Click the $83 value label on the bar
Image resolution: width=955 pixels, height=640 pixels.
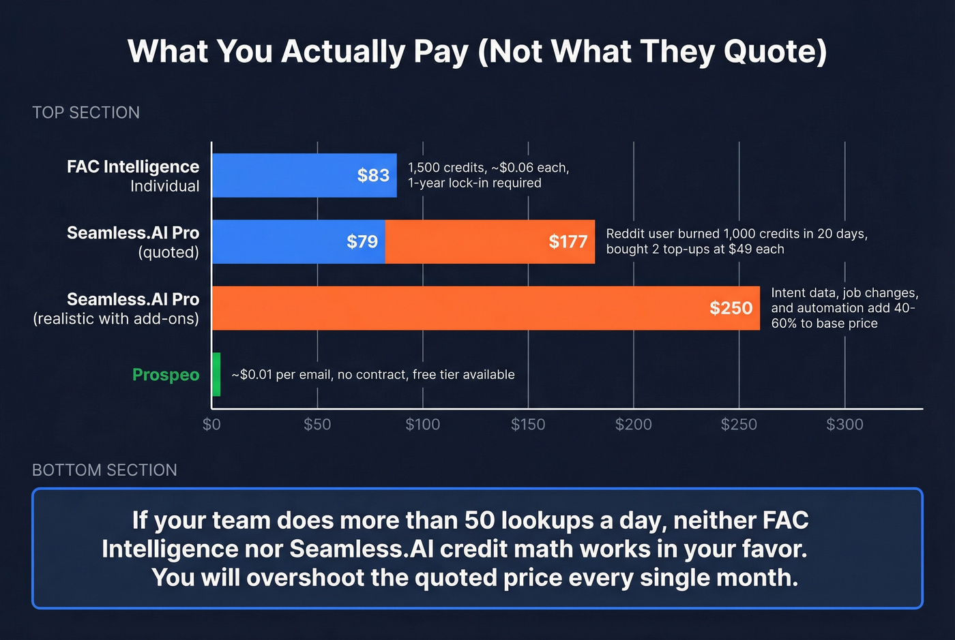click(373, 175)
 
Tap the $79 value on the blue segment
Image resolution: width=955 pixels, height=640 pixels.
click(362, 241)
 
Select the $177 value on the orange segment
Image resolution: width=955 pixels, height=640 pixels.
click(568, 241)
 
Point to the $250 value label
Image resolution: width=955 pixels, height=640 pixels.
click(731, 308)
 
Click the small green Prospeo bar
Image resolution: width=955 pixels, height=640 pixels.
click(216, 374)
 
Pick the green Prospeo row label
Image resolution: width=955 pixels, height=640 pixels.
click(166, 375)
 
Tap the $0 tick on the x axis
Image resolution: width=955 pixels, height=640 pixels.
click(211, 425)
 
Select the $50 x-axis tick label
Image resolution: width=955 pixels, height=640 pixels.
click(317, 425)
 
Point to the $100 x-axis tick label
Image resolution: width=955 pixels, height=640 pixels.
click(422, 425)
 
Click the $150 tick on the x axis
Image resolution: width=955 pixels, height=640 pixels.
click(528, 425)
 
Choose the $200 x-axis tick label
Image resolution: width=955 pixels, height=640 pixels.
click(633, 425)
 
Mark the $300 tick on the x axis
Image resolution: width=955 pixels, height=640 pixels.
click(844, 425)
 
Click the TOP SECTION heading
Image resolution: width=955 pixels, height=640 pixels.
click(86, 112)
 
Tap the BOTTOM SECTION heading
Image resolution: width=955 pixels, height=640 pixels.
click(104, 470)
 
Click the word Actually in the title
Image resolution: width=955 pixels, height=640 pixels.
click(343, 52)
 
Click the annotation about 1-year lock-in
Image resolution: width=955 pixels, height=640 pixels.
click(475, 183)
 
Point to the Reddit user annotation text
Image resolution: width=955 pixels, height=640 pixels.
click(736, 241)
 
